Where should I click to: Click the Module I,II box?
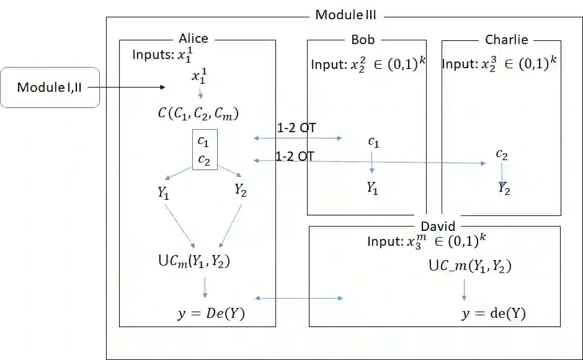tap(50, 87)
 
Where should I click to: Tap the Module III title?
tap(345, 15)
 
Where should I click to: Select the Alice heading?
tap(194, 38)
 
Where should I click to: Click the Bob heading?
tap(363, 39)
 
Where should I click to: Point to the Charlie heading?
tap(506, 40)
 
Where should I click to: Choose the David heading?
tap(438, 227)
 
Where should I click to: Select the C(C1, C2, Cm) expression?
tap(198, 114)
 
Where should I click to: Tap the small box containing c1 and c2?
tap(203, 149)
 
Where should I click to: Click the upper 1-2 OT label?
tap(296, 128)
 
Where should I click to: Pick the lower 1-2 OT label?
tap(294, 156)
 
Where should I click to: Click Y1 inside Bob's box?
tap(372, 188)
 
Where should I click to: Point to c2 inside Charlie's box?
tap(502, 155)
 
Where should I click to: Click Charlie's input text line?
tap(499, 65)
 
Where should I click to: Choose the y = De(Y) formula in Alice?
tap(211, 314)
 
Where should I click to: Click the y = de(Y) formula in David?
tap(493, 314)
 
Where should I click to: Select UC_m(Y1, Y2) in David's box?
tap(470, 267)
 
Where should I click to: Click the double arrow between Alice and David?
tap(298, 299)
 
